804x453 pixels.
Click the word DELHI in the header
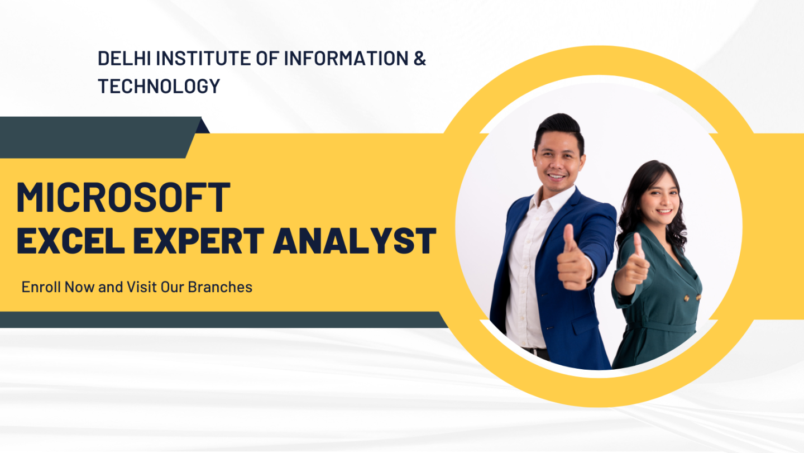click(124, 59)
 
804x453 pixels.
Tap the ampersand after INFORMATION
click(419, 59)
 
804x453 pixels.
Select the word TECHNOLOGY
click(159, 86)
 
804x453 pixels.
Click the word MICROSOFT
click(123, 197)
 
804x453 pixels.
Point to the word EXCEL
click(71, 241)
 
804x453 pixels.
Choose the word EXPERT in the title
click(198, 241)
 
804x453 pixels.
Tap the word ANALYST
click(355, 241)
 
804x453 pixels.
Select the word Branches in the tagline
click(220, 287)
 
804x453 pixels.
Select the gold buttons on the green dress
click(692, 298)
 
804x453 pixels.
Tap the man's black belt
click(535, 352)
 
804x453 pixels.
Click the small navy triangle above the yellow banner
click(202, 126)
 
